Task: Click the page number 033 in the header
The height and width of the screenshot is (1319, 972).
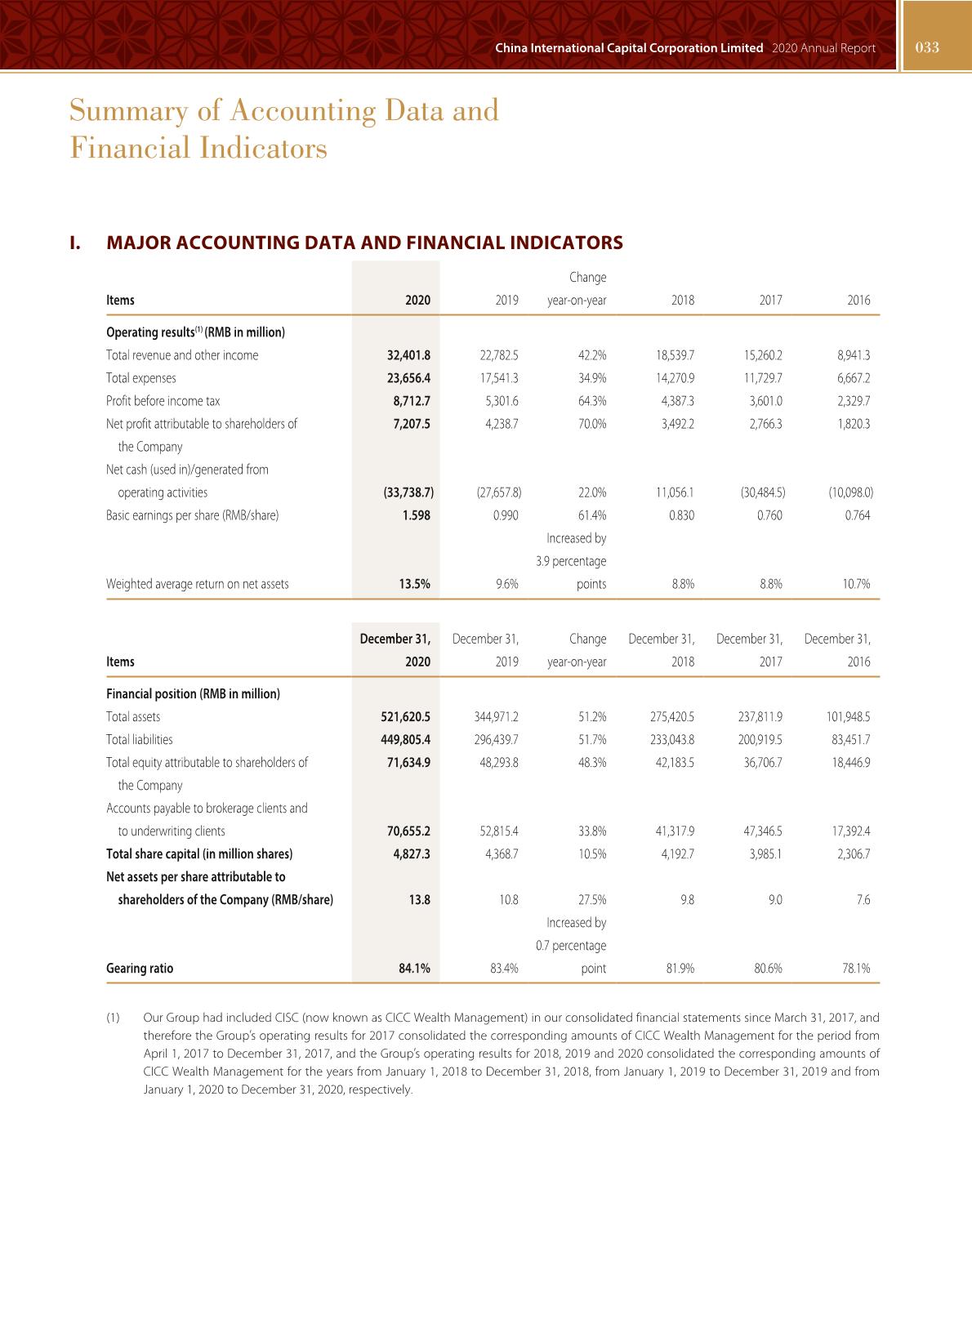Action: pyautogui.click(x=927, y=47)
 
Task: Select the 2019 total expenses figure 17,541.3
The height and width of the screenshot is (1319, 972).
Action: pyautogui.click(x=499, y=378)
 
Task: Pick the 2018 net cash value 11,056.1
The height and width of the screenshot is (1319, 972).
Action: pyautogui.click(x=675, y=492)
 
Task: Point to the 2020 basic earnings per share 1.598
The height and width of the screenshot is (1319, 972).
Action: pyautogui.click(x=417, y=515)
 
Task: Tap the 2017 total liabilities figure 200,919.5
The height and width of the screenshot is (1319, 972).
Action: pyautogui.click(x=760, y=740)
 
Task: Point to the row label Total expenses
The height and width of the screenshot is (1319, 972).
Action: pyautogui.click(x=141, y=378)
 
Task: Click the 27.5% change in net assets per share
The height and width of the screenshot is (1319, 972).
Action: pyautogui.click(x=592, y=900)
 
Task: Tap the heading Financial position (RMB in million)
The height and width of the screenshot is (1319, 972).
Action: pyautogui.click(x=193, y=694)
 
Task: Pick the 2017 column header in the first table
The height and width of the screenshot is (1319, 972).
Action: pyautogui.click(x=770, y=301)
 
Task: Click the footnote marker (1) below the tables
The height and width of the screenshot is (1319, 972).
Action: pyautogui.click(x=113, y=1018)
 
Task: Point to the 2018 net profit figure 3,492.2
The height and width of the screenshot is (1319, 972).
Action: pyautogui.click(x=677, y=424)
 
